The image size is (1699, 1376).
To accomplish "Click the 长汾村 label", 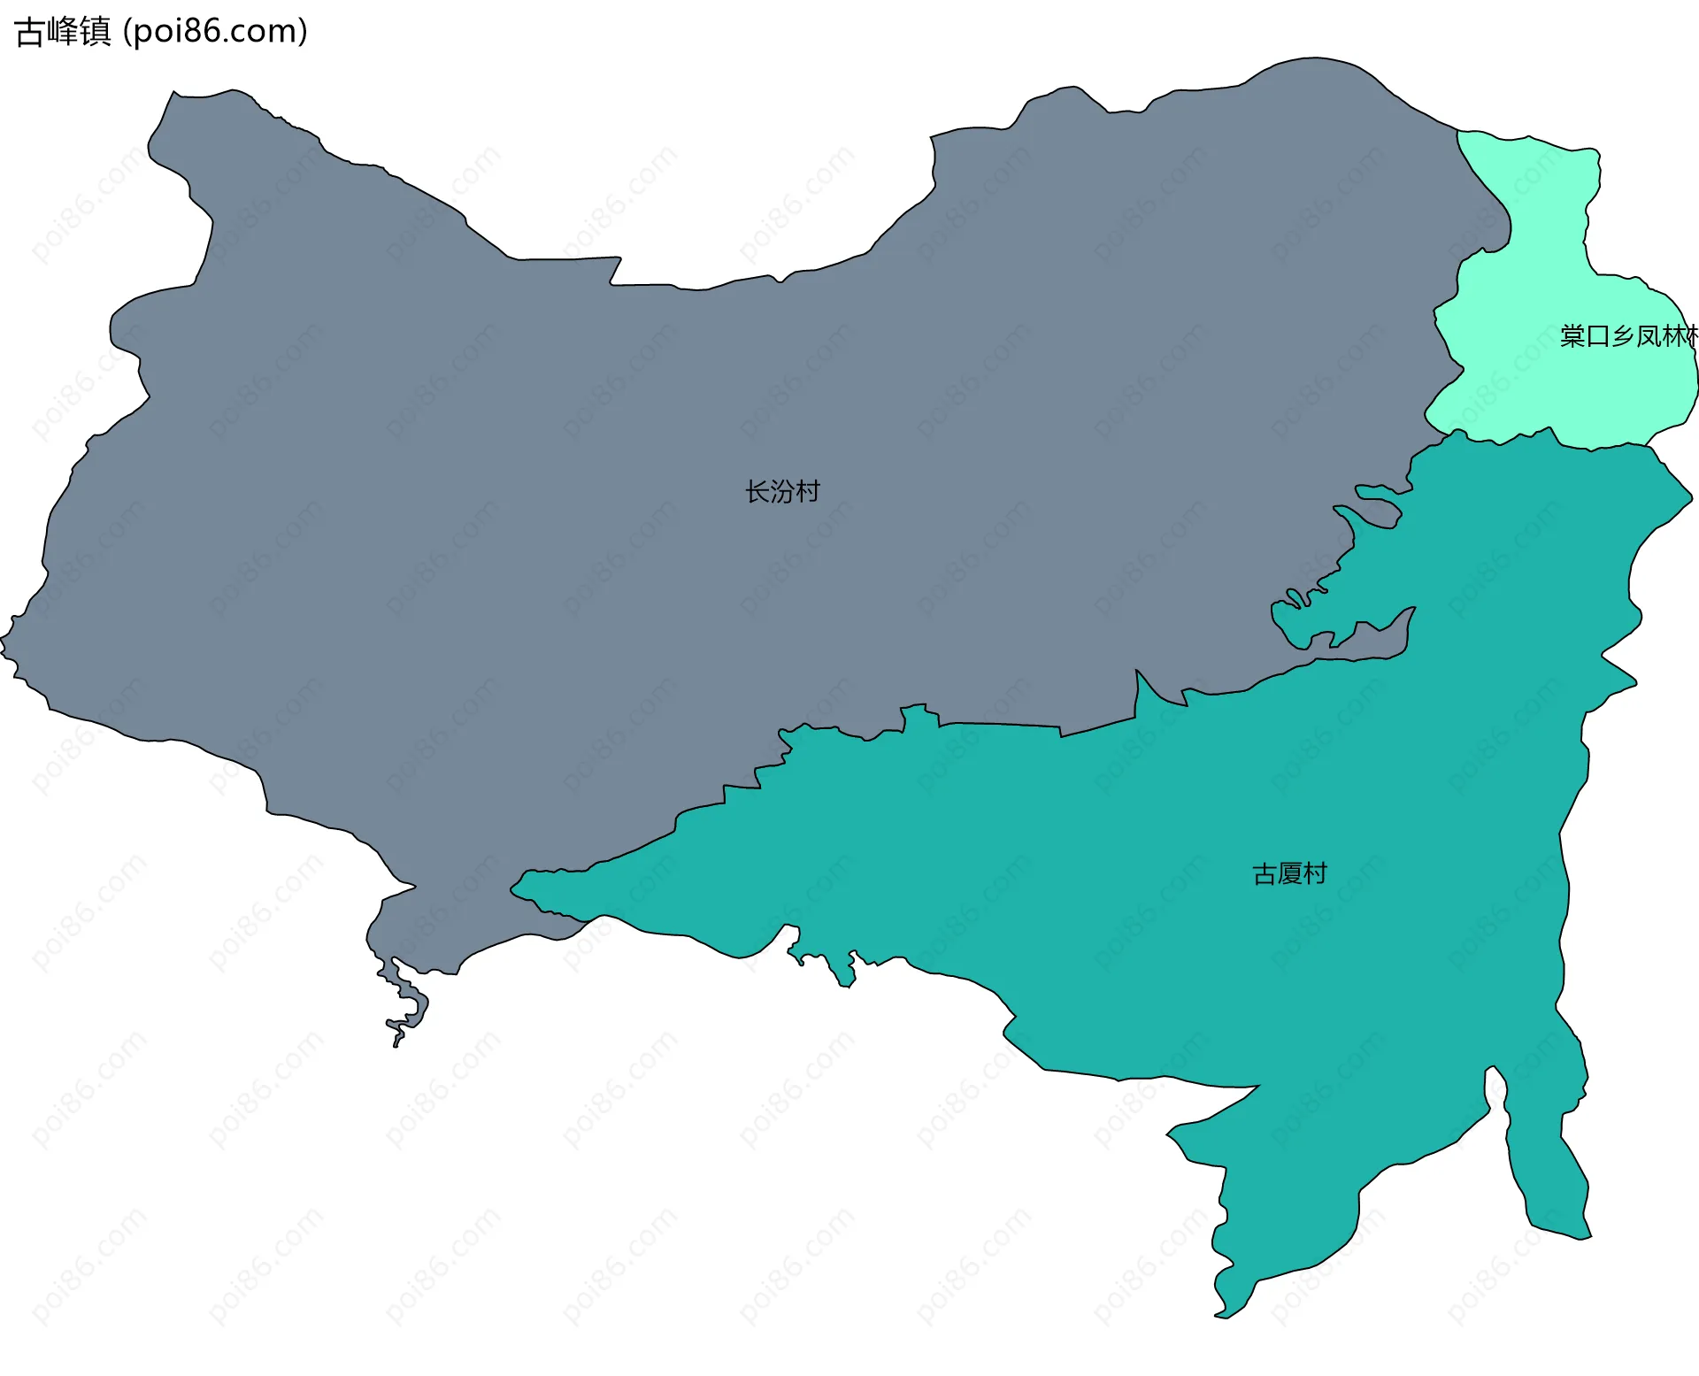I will (x=782, y=491).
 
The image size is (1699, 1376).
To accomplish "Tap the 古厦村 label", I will (x=1289, y=874).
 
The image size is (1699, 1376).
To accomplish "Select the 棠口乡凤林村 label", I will (x=1628, y=336).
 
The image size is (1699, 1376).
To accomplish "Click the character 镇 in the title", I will (x=96, y=32).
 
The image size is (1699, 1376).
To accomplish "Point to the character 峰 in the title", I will (x=63, y=32).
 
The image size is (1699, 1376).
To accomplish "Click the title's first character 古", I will (x=30, y=32).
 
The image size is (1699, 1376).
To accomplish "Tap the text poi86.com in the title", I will (x=215, y=32).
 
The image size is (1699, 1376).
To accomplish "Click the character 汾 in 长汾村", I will (x=782, y=491).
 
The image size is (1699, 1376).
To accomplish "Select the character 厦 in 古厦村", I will (x=1290, y=874).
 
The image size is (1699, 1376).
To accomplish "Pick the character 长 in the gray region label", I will (x=757, y=491).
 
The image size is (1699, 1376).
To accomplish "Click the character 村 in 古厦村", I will (x=1316, y=874).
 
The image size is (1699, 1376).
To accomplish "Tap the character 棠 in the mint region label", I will (x=1572, y=336).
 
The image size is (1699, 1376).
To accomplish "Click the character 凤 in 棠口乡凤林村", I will (x=1649, y=336).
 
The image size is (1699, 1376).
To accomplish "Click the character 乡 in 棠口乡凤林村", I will (x=1623, y=336).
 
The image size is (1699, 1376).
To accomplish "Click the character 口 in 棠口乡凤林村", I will (x=1598, y=336).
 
